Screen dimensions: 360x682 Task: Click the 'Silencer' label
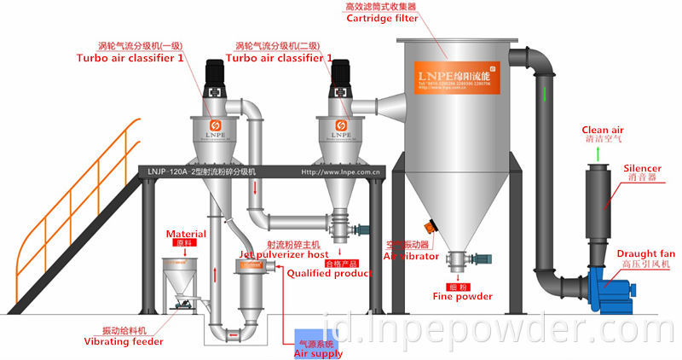click(x=642, y=169)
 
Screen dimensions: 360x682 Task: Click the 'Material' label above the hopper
click(x=186, y=233)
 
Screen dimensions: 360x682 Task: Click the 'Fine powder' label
click(x=463, y=296)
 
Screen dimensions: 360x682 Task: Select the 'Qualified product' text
click(x=329, y=273)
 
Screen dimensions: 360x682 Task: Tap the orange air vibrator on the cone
click(x=431, y=229)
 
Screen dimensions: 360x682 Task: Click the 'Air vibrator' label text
click(x=411, y=255)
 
